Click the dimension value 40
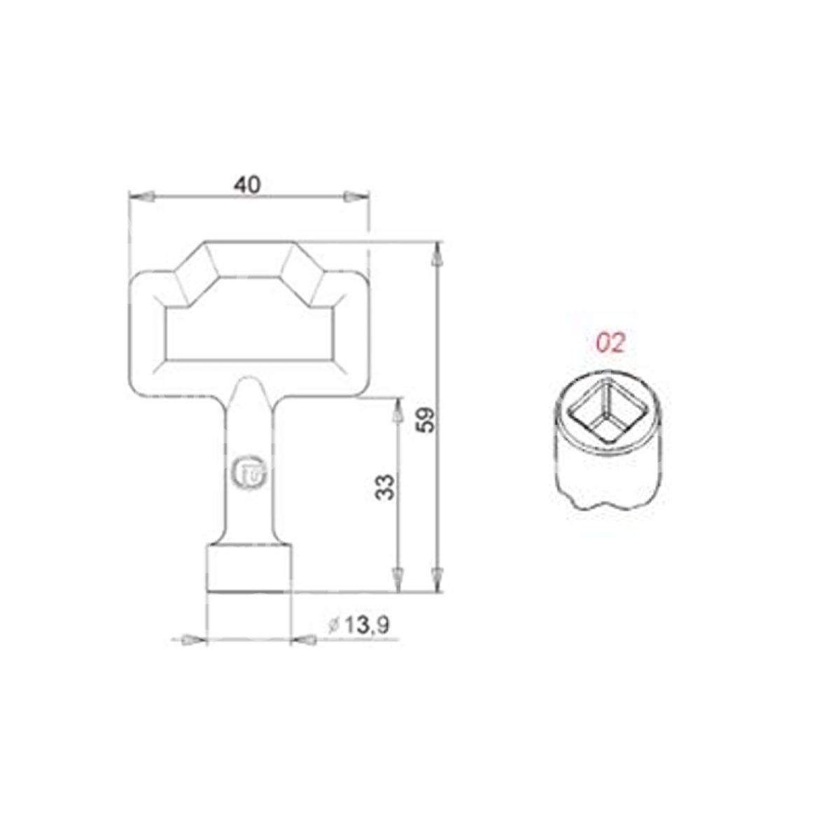coord(248,185)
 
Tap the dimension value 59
coord(426,419)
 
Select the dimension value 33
coord(385,486)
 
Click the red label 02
coord(610,344)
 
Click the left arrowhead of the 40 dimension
coord(141,197)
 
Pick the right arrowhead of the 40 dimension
coord(356,197)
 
